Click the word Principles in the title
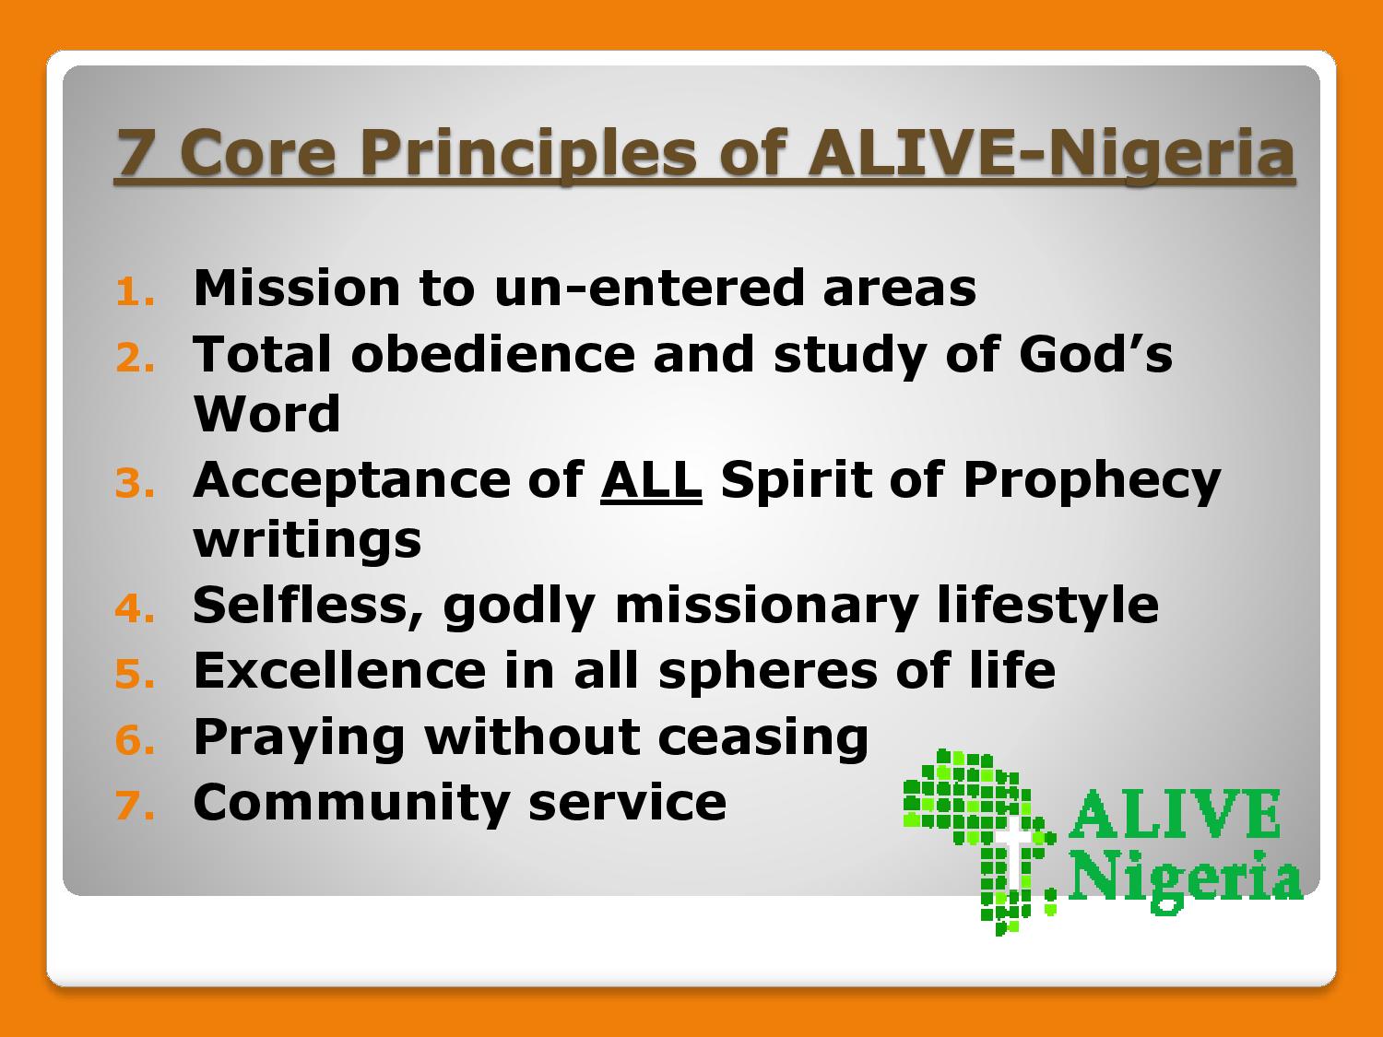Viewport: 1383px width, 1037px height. (529, 155)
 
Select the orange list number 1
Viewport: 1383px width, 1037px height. (134, 293)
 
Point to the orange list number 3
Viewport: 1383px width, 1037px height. (135, 484)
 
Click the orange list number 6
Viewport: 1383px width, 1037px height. (135, 739)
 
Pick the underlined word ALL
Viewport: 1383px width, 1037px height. (652, 480)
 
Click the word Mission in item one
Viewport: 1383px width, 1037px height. (297, 288)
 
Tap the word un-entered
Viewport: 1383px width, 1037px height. (649, 289)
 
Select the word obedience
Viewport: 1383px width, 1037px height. (492, 354)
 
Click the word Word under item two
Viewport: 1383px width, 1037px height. (267, 414)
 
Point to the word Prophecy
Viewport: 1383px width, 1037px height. (1092, 483)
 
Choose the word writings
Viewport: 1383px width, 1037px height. (307, 541)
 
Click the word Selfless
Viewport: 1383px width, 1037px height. (308, 607)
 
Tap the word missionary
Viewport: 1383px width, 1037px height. (766, 607)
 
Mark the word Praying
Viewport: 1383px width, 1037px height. (300, 738)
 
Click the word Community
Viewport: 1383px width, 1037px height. (351, 803)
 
